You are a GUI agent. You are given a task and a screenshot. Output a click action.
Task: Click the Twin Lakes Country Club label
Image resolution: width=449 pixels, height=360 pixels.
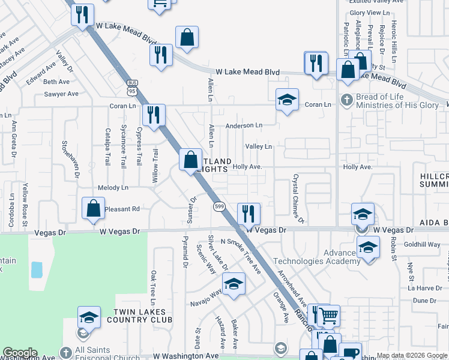pos(139,316)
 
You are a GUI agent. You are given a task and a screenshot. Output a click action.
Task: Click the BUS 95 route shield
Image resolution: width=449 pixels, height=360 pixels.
pos(132,87)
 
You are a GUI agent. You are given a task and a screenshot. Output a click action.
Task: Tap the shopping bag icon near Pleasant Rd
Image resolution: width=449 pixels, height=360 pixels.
pos(94,209)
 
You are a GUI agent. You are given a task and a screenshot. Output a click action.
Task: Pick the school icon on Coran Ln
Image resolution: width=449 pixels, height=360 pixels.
pos(288,100)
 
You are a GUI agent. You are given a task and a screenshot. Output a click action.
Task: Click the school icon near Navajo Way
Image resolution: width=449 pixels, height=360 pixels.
pos(234,284)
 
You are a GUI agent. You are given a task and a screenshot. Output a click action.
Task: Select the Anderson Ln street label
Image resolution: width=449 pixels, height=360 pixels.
pos(244,126)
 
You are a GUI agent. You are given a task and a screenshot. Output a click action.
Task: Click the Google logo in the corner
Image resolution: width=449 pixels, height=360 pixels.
pos(19,353)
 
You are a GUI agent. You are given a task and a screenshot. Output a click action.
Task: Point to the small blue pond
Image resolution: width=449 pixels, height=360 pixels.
pos(37,269)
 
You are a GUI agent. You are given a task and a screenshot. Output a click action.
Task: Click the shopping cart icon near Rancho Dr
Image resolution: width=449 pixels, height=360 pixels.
pos(328,314)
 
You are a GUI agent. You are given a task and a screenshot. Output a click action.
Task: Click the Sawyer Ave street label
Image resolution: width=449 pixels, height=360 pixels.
pos(61,94)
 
